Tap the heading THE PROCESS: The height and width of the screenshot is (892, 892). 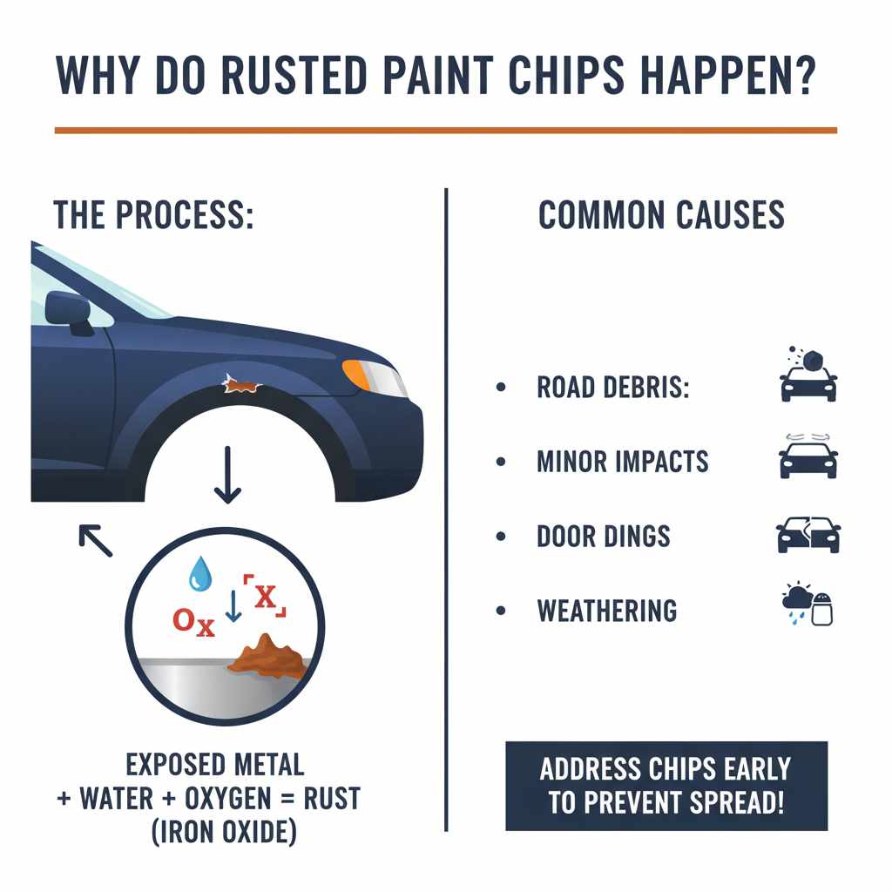pos(153,214)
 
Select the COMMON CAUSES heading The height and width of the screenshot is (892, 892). pos(661,214)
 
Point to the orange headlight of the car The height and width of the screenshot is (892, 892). pos(357,375)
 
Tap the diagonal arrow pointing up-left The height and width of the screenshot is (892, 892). pos(96,540)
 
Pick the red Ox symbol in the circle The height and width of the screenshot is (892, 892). pos(193,621)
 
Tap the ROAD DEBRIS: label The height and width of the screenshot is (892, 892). pos(612,389)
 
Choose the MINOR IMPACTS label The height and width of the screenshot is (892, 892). pos(622,462)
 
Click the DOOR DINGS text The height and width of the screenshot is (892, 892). pos(603,536)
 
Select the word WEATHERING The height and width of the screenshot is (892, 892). pos(607,611)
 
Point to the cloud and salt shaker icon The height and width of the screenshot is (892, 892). pos(808,605)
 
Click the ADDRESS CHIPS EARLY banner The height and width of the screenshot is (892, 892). pos(666,786)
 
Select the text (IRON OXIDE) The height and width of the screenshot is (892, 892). pos(224,832)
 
